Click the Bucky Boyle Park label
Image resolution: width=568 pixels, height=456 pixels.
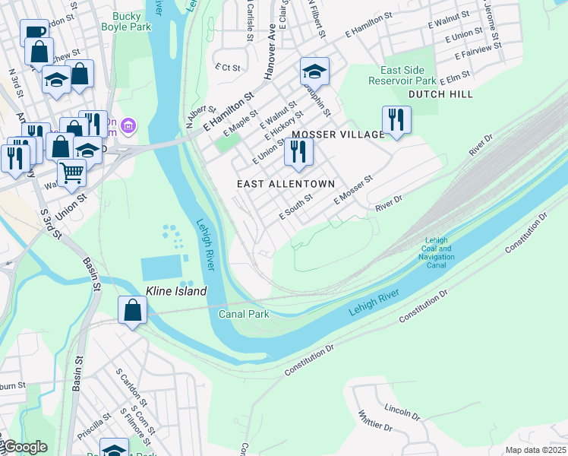pos(126,21)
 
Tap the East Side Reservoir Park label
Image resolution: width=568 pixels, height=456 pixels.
pos(402,75)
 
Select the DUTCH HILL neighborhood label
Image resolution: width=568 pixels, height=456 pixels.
pos(440,94)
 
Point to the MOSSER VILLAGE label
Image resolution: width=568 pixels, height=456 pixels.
pos(338,135)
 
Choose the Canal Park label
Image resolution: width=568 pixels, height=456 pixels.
pos(244,314)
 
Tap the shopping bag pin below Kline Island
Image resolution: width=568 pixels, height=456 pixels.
pos(132,309)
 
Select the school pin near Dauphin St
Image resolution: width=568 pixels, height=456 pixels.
pos(314,71)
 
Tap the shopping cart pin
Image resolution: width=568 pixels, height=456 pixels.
pos(71,171)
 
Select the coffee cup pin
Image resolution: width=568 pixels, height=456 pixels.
pos(34,33)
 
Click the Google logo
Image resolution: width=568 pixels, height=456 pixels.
pos(24,447)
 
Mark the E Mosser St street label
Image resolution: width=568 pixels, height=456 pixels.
pos(354,190)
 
